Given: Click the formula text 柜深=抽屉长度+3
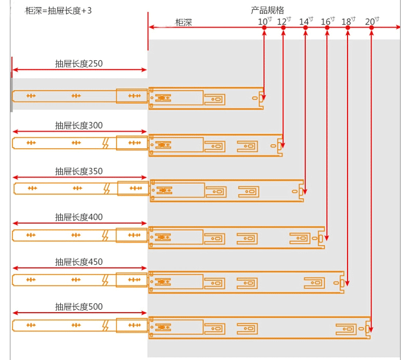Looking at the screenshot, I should point(58,10).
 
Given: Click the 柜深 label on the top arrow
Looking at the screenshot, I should point(184,22).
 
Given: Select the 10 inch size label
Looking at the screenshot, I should point(265,21).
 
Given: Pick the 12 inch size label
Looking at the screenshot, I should point(284,21).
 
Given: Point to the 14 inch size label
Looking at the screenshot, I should point(306,21).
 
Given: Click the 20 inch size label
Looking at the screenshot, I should point(371,21).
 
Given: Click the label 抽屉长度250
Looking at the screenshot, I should point(79,64).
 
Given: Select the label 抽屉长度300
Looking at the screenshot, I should point(79,125).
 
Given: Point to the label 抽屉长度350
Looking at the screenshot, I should point(79,171).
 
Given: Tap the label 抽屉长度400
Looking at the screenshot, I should point(79,216).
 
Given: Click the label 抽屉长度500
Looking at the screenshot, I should point(79,307).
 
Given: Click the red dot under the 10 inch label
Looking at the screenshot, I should point(264,28).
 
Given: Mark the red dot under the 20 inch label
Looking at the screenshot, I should point(371,28).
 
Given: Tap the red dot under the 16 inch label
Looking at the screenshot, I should point(327,28).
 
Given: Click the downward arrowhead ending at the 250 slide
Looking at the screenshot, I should point(264,97).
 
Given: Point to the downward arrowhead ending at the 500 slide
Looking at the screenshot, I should point(371,327).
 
